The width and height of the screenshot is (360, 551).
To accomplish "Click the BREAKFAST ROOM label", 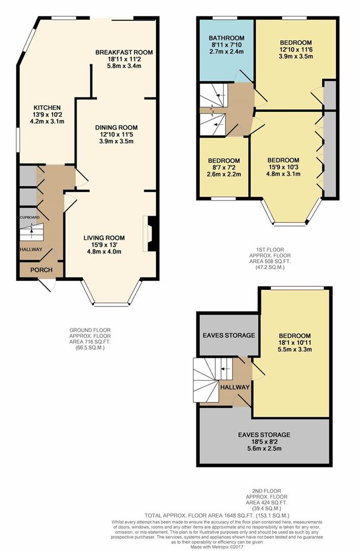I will click(124, 52).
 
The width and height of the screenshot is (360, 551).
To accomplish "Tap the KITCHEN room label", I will click(47, 108).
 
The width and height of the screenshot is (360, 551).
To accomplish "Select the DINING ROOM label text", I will click(116, 128).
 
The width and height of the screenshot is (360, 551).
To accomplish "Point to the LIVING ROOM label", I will click(104, 237).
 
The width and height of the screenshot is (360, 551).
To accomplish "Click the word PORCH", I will click(41, 269).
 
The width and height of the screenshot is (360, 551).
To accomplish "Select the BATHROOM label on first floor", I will click(227, 38).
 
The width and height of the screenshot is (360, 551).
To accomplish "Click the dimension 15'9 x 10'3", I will click(283, 166).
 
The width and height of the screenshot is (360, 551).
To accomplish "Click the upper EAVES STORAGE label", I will click(228, 335).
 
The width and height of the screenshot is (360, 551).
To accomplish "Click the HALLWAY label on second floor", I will click(235, 387).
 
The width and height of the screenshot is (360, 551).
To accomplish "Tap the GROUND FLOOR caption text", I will click(90, 330).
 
